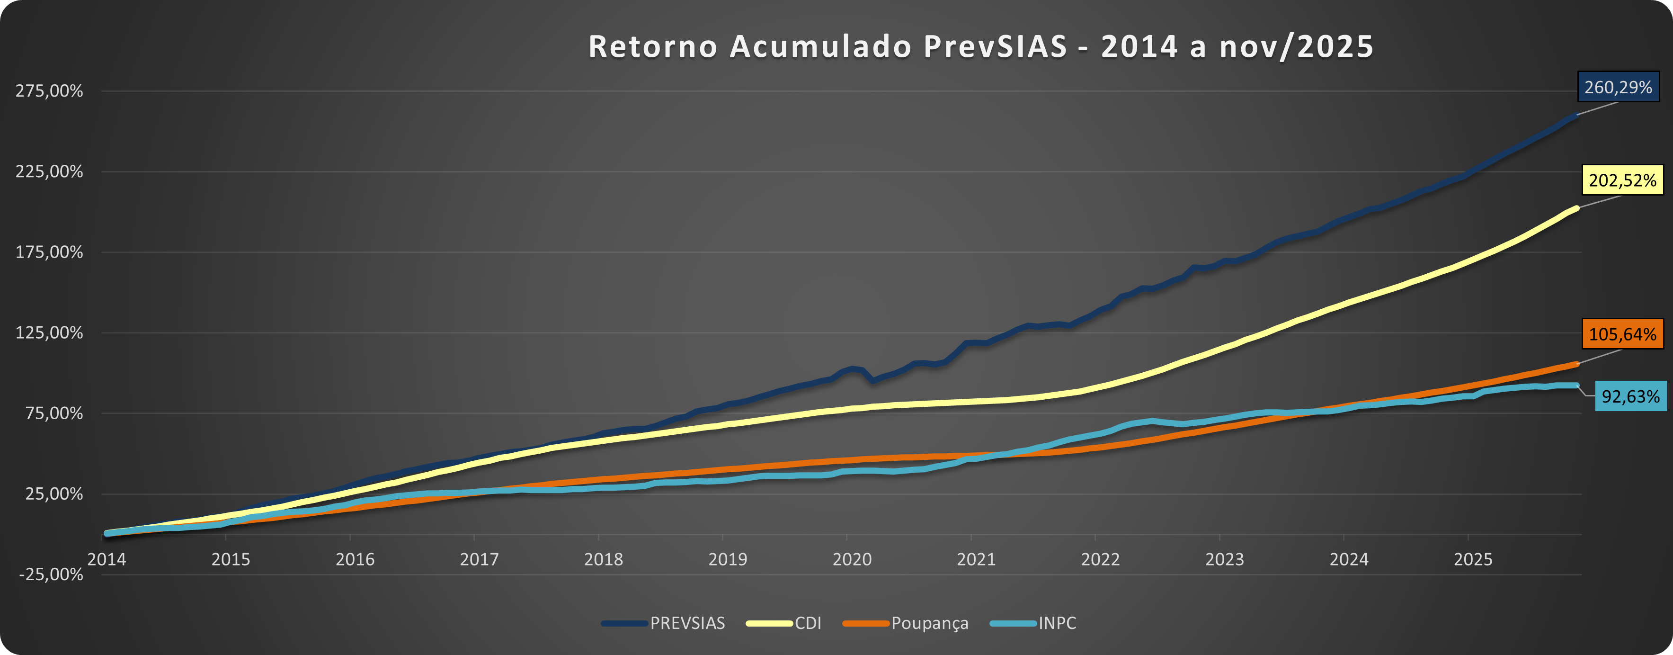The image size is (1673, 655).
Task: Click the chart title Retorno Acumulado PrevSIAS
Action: tap(981, 47)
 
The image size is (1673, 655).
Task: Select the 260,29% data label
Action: tap(1618, 88)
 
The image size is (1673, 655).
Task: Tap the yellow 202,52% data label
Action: tap(1622, 180)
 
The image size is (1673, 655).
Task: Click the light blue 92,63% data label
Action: tap(1630, 396)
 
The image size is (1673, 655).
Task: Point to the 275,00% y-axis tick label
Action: tap(49, 91)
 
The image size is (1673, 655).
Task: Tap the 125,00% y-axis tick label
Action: tap(49, 332)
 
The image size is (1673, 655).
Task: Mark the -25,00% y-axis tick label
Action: tap(51, 574)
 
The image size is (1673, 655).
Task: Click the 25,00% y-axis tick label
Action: tap(54, 494)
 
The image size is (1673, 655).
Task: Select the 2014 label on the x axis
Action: tap(107, 559)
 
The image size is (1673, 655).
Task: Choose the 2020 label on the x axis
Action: tap(852, 559)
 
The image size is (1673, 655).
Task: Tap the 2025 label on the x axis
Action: tap(1473, 559)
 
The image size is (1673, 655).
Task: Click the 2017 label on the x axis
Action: tap(479, 559)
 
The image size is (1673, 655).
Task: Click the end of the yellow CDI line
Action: tap(1576, 208)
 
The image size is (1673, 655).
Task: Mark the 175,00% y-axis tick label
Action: tap(49, 252)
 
